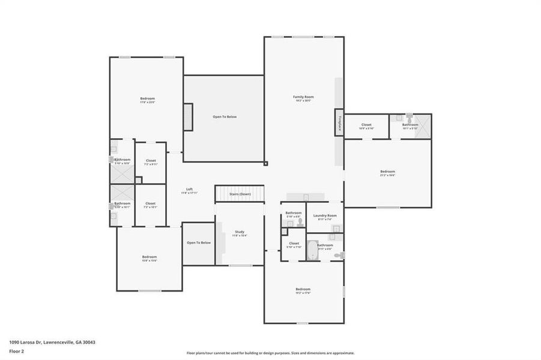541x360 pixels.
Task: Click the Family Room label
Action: pyautogui.click(x=303, y=97)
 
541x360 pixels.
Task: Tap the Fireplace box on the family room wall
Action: pyautogui.click(x=339, y=123)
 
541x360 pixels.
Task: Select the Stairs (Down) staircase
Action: pyautogui.click(x=240, y=194)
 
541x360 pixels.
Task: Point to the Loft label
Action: pyautogui.click(x=189, y=190)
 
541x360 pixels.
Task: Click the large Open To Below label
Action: pyautogui.click(x=225, y=116)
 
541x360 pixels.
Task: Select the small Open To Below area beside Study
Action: pyautogui.click(x=198, y=243)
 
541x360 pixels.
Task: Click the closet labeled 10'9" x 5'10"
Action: pyautogui.click(x=366, y=125)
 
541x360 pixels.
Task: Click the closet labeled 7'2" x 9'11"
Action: pyautogui.click(x=150, y=162)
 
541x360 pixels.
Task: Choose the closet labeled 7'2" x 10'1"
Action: pyautogui.click(x=150, y=204)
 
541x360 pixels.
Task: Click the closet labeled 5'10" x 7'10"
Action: pyautogui.click(x=293, y=245)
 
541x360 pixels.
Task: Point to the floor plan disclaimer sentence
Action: pyautogui.click(x=270, y=353)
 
